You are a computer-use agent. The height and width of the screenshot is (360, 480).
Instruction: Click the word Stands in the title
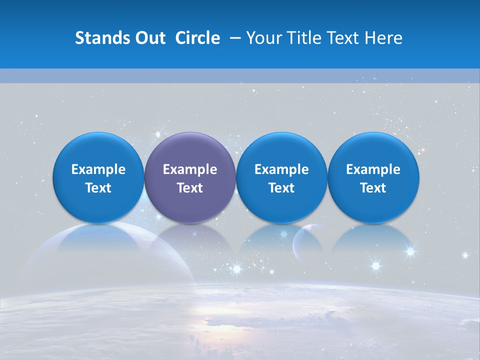click(100, 38)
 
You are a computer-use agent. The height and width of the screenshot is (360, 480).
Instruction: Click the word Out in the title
click(149, 38)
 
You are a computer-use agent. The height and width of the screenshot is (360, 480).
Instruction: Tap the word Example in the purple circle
click(190, 169)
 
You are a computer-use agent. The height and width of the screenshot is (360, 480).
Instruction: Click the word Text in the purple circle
click(190, 188)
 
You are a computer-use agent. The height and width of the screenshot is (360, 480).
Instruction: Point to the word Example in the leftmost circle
click(98, 169)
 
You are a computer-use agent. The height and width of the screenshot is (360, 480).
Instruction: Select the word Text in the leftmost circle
click(98, 188)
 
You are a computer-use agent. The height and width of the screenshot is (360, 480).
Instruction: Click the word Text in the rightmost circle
click(373, 188)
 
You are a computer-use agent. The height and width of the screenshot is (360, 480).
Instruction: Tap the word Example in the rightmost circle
click(373, 169)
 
